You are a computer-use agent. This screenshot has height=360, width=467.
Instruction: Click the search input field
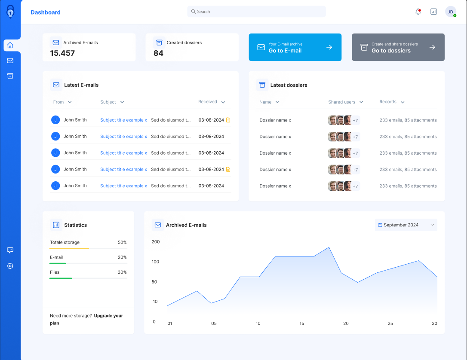[x=256, y=12]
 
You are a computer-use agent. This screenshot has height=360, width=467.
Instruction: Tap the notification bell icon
[x=418, y=12]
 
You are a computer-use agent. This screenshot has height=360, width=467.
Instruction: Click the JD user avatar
[x=451, y=12]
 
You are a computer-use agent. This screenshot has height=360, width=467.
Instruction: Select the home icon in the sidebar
[x=10, y=45]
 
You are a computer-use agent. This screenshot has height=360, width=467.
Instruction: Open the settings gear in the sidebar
[x=10, y=266]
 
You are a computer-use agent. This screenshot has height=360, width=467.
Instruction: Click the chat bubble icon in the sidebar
[x=10, y=250]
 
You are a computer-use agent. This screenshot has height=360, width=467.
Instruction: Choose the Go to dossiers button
[x=398, y=47]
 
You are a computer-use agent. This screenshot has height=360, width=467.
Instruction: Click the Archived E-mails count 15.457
[x=62, y=53]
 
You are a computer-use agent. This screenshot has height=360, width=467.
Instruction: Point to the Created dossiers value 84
[x=158, y=53]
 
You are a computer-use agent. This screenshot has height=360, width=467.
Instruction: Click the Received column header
[x=212, y=102]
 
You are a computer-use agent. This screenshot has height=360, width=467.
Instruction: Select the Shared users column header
[x=345, y=102]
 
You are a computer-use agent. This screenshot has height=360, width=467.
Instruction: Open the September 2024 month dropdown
[x=406, y=225]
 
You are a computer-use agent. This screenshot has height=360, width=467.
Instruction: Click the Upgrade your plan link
[x=86, y=319]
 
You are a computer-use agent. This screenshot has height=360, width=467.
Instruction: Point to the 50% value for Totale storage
[x=122, y=242]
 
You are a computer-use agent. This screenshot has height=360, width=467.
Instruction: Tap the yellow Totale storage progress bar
[x=69, y=248]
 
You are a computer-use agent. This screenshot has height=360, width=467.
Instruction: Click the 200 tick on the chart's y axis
[x=156, y=241]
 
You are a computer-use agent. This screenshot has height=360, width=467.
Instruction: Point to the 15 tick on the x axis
[x=302, y=323]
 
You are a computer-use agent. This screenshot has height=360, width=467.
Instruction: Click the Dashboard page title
[x=46, y=12]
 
